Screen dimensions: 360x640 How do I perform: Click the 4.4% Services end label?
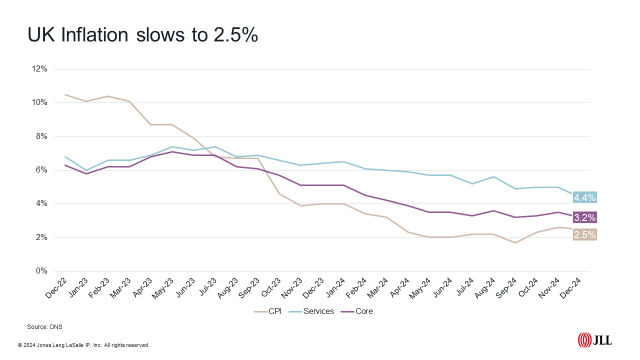coord(585,197)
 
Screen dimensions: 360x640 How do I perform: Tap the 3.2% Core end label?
coord(585,217)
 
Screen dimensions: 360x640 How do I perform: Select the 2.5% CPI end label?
coord(585,234)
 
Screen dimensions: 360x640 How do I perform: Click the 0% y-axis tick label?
coord(41,271)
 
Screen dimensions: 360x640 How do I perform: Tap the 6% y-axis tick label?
coord(41,170)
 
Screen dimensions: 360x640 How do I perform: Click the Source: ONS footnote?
coord(44,326)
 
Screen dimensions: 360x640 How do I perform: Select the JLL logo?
coord(594,340)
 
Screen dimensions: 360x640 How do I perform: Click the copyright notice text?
coord(83,345)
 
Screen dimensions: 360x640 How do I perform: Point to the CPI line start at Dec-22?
coord(65,94)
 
